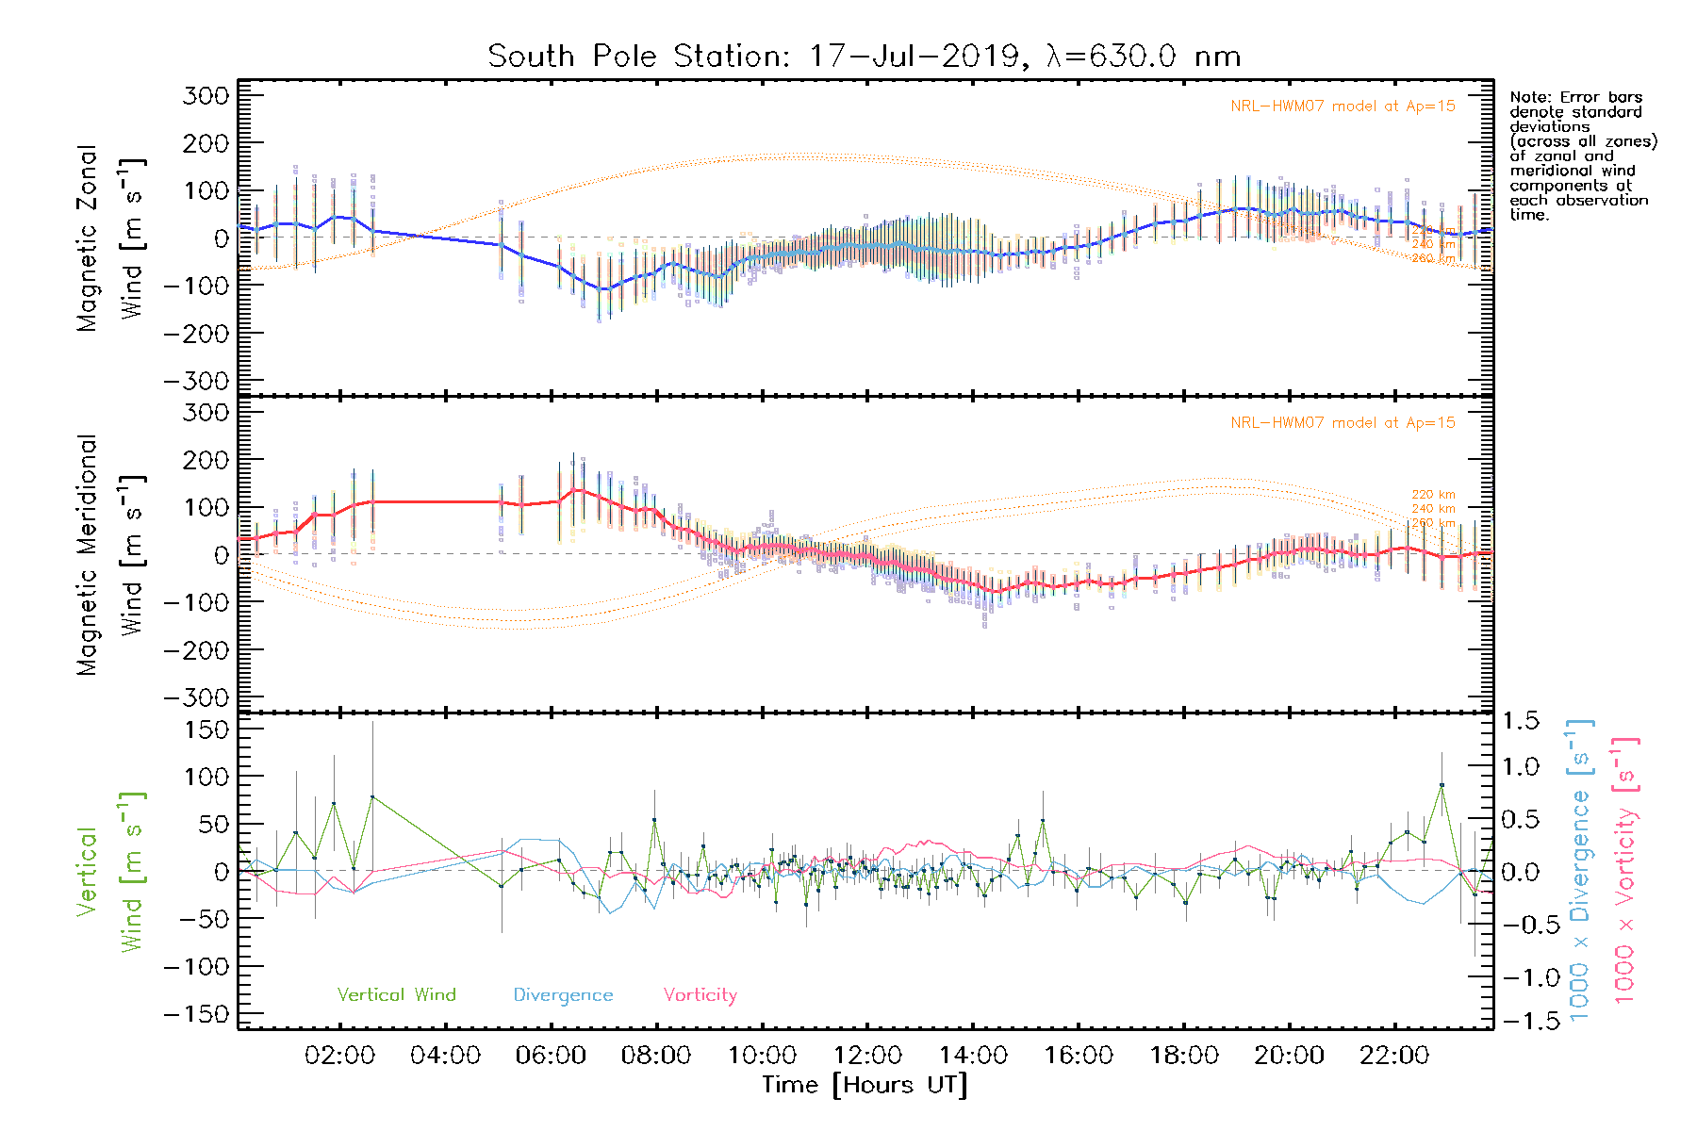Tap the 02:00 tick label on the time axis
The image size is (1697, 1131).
pos(339,1056)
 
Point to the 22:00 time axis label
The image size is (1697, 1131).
pos(1394,1056)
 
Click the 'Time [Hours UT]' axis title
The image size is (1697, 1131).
pos(865,1085)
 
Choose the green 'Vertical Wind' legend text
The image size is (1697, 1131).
pos(396,994)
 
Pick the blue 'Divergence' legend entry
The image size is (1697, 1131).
pos(563,994)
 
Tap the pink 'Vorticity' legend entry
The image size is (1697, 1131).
pos(700,994)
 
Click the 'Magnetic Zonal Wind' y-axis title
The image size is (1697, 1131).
pos(109,238)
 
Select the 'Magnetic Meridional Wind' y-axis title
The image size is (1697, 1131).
pos(109,554)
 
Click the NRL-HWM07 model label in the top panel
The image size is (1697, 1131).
pos(1343,107)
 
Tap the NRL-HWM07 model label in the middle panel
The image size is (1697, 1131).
pos(1343,423)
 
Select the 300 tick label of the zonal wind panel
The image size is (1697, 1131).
pos(206,95)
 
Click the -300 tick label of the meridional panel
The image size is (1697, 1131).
pos(196,697)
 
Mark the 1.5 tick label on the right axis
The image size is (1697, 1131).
pos(1520,721)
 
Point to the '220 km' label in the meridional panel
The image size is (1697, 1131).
pos(1433,495)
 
